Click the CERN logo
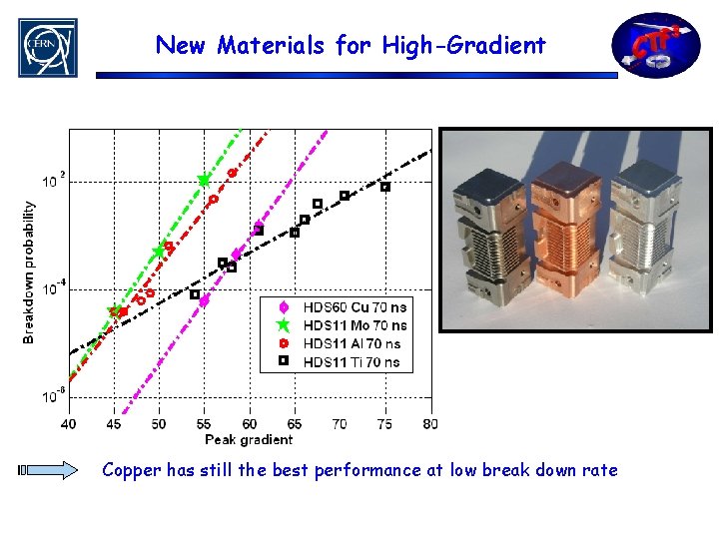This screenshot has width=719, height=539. [46, 46]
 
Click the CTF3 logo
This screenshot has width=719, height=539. [655, 45]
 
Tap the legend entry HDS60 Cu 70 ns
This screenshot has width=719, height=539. [355, 306]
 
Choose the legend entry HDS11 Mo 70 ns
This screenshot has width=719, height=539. [355, 324]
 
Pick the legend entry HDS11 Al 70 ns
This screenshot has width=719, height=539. [353, 343]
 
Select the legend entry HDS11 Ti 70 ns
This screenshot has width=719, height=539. [352, 361]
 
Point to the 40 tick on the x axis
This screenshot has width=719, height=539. [68, 424]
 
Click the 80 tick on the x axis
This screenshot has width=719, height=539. [430, 424]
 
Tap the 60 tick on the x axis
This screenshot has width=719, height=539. [249, 424]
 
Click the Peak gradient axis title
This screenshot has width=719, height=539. [249, 439]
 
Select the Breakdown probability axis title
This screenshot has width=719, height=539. [29, 270]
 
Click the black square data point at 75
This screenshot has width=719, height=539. [385, 187]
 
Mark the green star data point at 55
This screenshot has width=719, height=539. [204, 181]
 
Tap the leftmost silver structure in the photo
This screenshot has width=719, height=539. [487, 235]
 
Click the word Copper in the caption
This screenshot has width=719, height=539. [132, 470]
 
